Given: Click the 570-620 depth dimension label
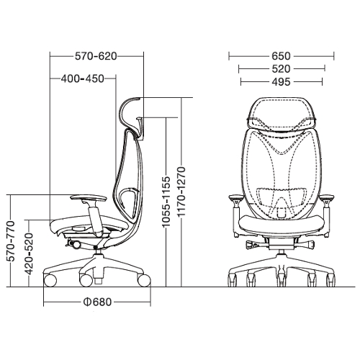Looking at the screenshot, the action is pyautogui.click(x=96, y=56).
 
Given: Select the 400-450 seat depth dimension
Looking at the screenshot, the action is pyautogui.click(x=83, y=78).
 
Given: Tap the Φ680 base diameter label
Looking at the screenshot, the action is pyautogui.click(x=97, y=302).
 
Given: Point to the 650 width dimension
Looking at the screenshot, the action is pyautogui.click(x=281, y=56).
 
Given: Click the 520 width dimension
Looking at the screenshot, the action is pyautogui.click(x=281, y=69).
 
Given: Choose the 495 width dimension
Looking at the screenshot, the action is pyautogui.click(x=281, y=82).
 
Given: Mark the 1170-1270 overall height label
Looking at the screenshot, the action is pyautogui.click(x=181, y=192).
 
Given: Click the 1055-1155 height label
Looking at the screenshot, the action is pyautogui.click(x=166, y=202).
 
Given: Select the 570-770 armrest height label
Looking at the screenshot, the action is pyautogui.click(x=11, y=241).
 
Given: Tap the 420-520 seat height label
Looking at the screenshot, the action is pyautogui.click(x=29, y=254).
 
